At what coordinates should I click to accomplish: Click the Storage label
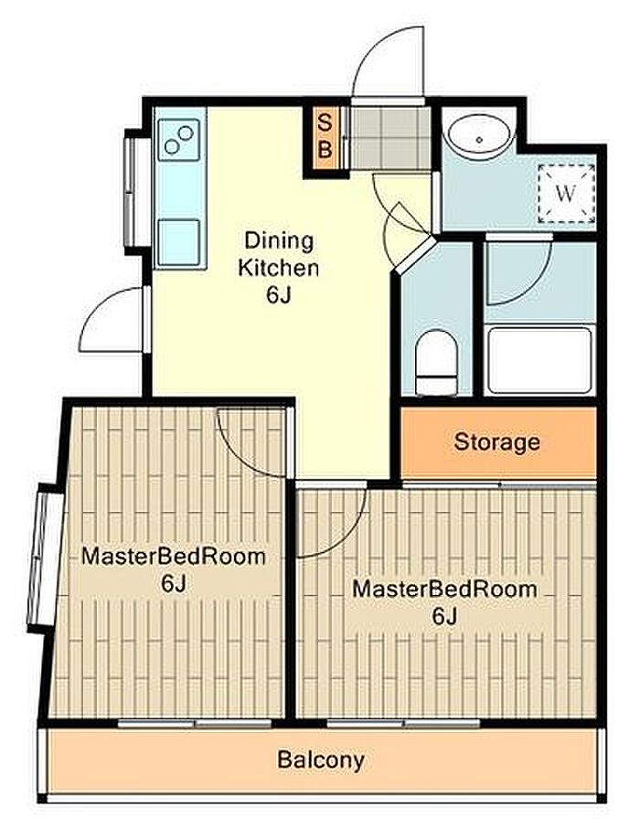click(497, 442)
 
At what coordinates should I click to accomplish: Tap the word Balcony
click(321, 761)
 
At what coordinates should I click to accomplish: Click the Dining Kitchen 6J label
click(279, 268)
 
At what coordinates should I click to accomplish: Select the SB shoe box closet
click(325, 139)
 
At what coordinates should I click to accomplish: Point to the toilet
click(437, 363)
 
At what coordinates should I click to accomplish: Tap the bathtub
click(539, 360)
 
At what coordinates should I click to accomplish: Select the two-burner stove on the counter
click(179, 140)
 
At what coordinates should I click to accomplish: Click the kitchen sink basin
click(179, 243)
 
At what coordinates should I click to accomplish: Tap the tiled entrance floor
click(390, 138)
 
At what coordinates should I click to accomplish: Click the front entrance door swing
click(389, 62)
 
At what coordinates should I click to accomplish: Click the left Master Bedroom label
click(174, 570)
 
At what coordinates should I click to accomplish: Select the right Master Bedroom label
click(444, 601)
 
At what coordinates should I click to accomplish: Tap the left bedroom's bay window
click(45, 559)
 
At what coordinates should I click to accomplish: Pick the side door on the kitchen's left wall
click(112, 320)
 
